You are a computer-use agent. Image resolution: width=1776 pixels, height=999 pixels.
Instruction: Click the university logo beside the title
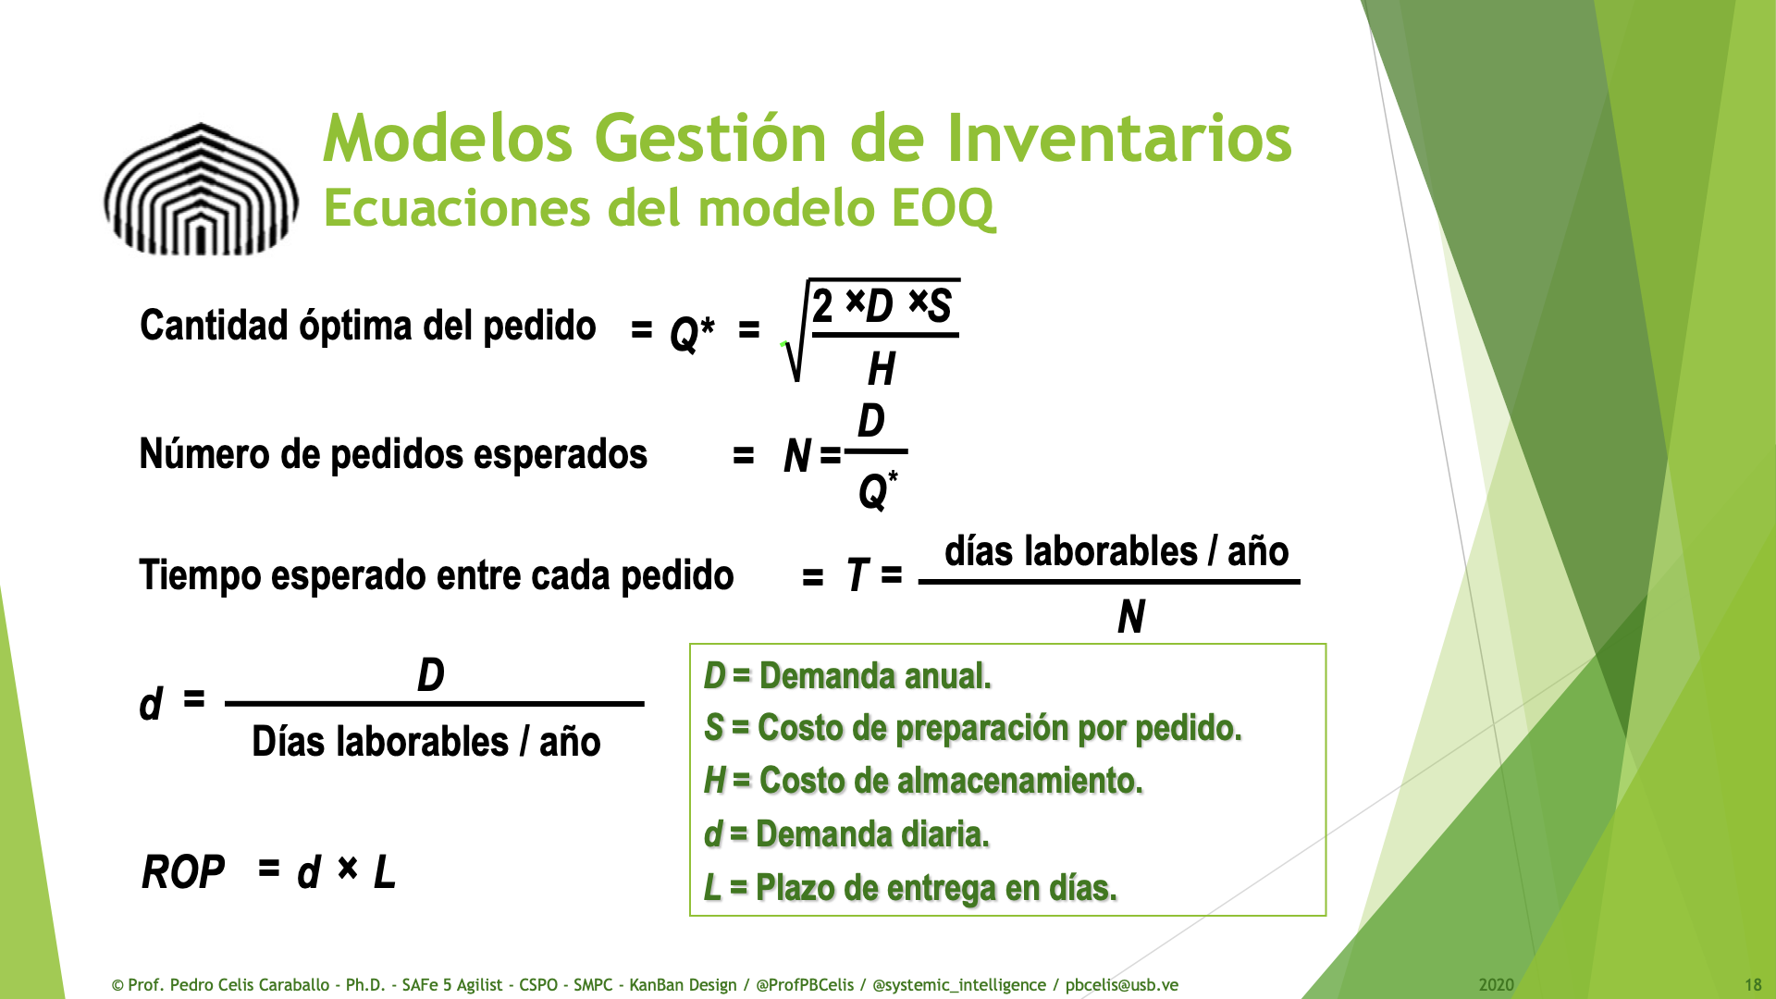click(x=201, y=190)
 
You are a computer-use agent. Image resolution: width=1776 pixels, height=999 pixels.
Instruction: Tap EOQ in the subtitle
click(x=943, y=208)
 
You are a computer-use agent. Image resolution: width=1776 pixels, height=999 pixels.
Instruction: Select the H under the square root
click(x=882, y=369)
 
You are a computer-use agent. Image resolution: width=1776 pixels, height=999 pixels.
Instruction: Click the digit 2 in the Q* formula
click(x=823, y=304)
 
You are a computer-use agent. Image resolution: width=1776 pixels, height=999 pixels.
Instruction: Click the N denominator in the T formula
click(x=1131, y=616)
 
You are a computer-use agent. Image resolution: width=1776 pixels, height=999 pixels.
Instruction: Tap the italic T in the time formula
click(x=857, y=575)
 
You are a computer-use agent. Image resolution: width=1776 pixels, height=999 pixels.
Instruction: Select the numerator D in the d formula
click(x=431, y=675)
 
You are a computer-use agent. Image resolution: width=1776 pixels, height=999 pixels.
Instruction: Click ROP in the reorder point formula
click(x=183, y=872)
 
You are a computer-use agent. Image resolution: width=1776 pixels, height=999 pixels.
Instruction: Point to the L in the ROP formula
click(x=385, y=872)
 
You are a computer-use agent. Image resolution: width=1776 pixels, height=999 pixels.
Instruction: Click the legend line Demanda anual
click(x=847, y=676)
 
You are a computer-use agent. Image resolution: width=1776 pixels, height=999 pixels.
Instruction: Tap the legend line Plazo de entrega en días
click(x=910, y=888)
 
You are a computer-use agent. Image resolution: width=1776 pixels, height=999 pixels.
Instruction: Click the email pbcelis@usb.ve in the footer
click(x=1122, y=985)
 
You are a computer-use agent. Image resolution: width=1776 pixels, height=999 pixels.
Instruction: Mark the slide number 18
click(x=1753, y=985)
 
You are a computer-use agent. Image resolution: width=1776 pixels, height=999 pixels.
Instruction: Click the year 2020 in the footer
click(x=1496, y=985)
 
